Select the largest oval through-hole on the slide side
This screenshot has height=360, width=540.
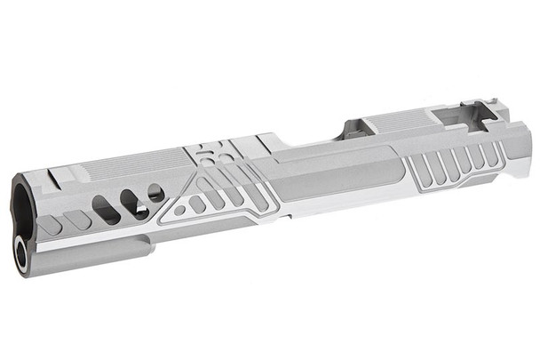coord(105,210)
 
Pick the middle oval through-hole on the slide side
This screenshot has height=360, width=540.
coord(134,204)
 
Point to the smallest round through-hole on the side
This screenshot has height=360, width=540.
coord(156,192)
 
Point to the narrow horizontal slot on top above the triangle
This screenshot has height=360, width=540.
coord(205,158)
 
